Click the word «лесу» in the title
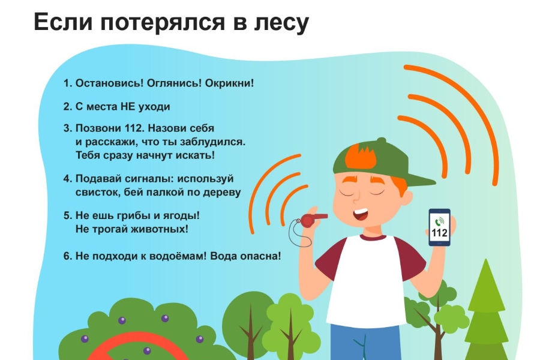tap(281, 23)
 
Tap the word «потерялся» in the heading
tap(163, 23)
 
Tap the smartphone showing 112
tap(439, 227)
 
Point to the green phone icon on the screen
tap(439, 221)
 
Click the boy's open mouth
tap(361, 215)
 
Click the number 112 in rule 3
tap(134, 128)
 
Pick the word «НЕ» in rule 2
tap(128, 106)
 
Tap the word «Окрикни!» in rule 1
tap(229, 83)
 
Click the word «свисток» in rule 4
tap(98, 192)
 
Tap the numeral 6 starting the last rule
tap(67, 256)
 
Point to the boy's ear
tap(407, 199)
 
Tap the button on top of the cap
tap(381, 140)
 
